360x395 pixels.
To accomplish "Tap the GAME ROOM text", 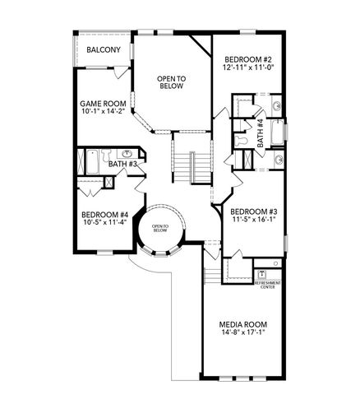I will pyautogui.click(x=102, y=104).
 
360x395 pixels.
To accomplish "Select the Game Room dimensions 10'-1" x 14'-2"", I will pyautogui.click(x=102, y=114).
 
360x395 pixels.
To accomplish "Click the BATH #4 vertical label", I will pyautogui.click(x=260, y=132).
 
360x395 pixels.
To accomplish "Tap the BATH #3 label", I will pyautogui.click(x=122, y=165).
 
